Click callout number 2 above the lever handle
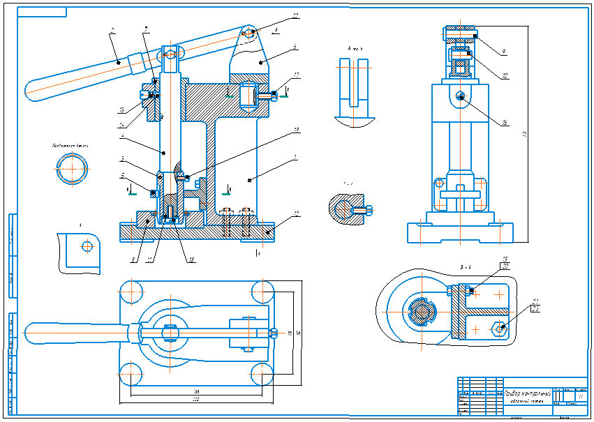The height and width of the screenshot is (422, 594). click(111, 30)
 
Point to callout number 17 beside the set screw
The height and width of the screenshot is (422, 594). click(297, 75)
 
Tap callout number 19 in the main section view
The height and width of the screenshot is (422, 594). click(296, 130)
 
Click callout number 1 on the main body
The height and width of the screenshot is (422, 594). click(295, 158)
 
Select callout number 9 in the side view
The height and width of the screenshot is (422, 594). click(503, 51)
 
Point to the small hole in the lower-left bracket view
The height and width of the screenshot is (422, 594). click(87, 246)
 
